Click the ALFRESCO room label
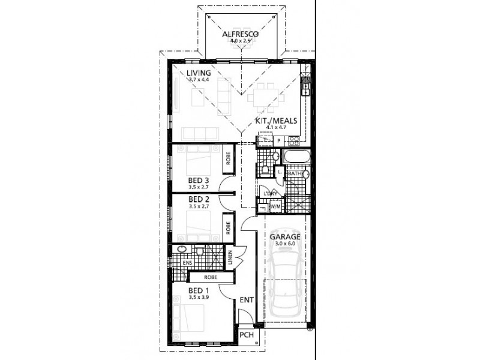240,35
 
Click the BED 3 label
198,180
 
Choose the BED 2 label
198,199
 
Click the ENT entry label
245,298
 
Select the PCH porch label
246,335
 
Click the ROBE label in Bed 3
229,158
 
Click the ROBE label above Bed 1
210,277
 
